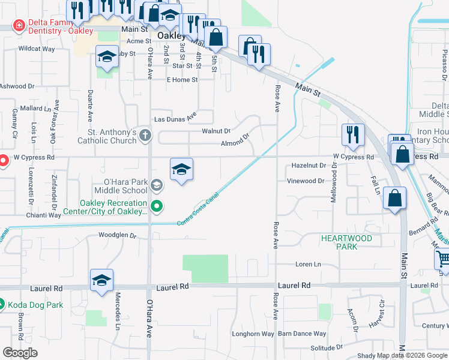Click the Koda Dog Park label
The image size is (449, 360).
click(x=35, y=305)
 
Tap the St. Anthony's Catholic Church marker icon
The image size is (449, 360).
click(x=145, y=137)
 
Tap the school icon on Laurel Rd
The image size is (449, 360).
click(x=102, y=280)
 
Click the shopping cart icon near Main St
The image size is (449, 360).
click(x=443, y=259)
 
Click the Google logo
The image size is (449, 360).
click(x=20, y=353)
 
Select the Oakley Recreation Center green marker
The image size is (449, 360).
click(x=157, y=207)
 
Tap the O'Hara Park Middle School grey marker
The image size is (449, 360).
click(x=157, y=185)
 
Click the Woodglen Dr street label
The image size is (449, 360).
click(x=118, y=235)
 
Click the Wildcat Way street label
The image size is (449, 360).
click(x=37, y=48)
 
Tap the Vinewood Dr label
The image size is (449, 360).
click(x=306, y=181)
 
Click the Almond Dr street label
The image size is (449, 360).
click(x=235, y=143)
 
